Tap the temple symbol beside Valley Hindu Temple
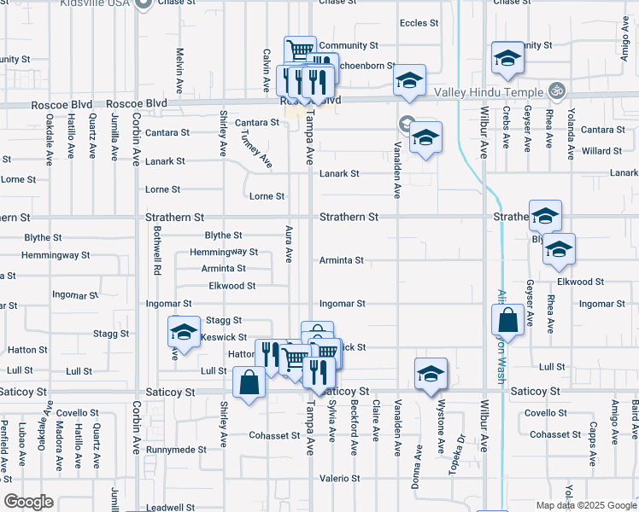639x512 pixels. [x=557, y=90]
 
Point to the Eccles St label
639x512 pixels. [x=419, y=24]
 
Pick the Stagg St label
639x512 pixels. [x=224, y=320]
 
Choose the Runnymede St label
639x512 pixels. [x=176, y=449]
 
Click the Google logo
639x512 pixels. [x=29, y=502]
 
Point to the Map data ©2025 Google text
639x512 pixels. [x=586, y=505]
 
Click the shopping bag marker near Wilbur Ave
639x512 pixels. [x=507, y=322]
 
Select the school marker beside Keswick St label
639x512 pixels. [x=184, y=332]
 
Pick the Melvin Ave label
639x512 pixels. [x=180, y=71]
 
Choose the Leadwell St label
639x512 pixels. [x=171, y=507]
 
